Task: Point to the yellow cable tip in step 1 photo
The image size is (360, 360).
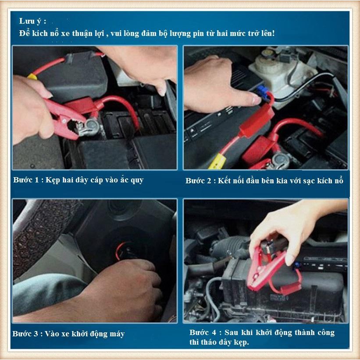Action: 32,76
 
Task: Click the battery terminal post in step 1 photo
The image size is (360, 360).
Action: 91,125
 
